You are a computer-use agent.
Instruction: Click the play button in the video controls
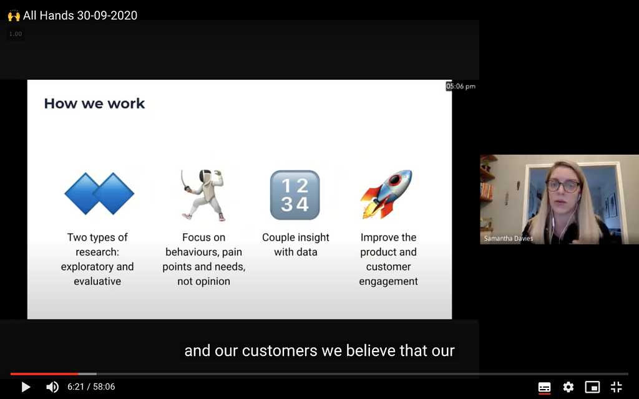[x=26, y=387]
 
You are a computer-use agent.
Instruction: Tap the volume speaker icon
[x=52, y=387]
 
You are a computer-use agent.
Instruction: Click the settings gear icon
[x=568, y=387]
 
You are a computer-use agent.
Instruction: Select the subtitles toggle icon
[x=544, y=387]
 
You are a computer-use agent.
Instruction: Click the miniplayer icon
[x=592, y=387]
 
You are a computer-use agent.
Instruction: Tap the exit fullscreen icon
[x=616, y=387]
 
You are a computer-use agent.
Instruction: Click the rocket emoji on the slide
[x=386, y=195]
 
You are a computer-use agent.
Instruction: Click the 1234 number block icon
[x=295, y=195]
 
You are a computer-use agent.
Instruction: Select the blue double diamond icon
[x=99, y=194]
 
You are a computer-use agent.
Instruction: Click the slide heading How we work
[x=94, y=103]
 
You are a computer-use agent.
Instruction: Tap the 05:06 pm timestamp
[x=461, y=86]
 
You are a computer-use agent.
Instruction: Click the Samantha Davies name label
[x=508, y=239]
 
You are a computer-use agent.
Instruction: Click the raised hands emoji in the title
[x=14, y=16]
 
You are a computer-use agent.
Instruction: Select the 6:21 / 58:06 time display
[x=91, y=387]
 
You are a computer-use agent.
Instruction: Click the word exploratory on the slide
[x=83, y=267]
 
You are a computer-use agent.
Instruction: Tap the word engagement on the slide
[x=388, y=281]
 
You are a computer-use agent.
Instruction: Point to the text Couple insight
[x=295, y=238]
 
